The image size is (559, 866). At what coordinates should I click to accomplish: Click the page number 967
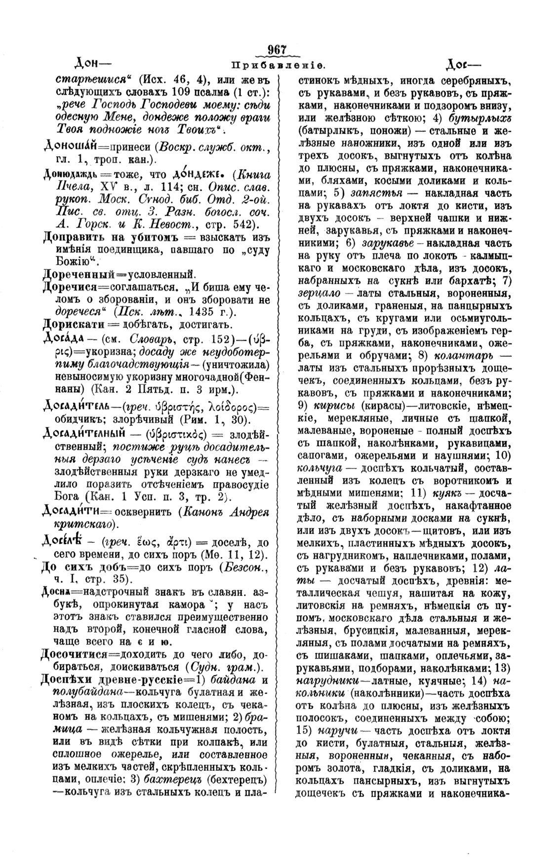pyautogui.click(x=277, y=50)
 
